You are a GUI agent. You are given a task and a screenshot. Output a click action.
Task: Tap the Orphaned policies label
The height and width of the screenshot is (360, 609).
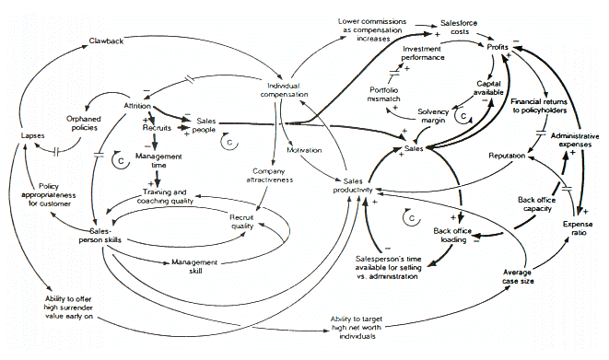click(84, 124)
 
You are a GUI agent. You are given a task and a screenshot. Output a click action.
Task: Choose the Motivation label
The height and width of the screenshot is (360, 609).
click(303, 149)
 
